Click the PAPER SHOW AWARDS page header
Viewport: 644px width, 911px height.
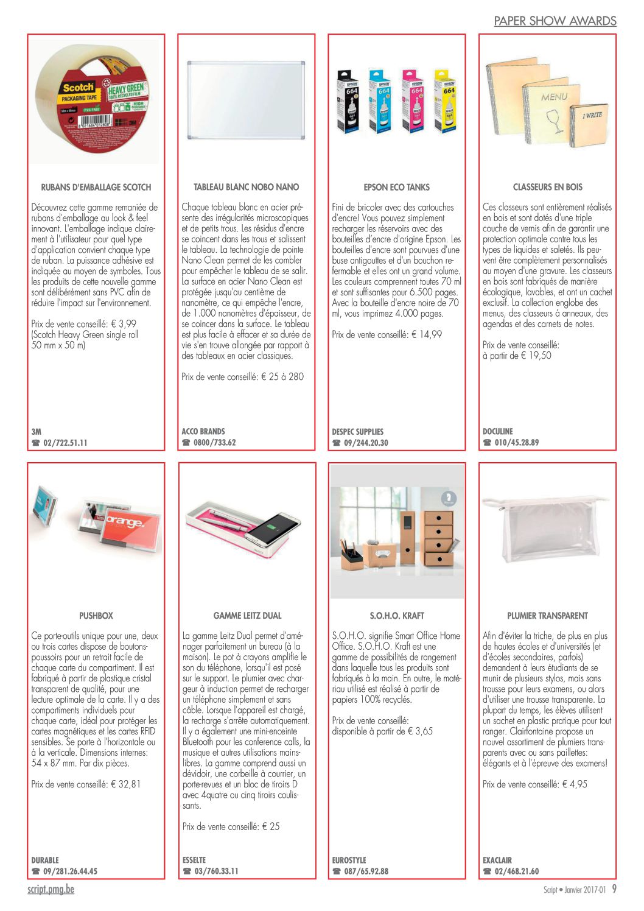pos(555,21)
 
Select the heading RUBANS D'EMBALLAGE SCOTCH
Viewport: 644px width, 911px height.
pos(96,187)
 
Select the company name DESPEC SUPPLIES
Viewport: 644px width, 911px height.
pos(357,431)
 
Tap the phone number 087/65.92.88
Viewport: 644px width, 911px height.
pos(366,871)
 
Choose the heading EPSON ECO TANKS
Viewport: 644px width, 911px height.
pos(397,187)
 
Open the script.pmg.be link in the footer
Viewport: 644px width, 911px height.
pos(51,889)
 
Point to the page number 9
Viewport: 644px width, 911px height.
pos(614,889)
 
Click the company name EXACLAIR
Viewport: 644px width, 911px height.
pos(497,860)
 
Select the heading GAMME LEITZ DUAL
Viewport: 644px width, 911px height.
pos(247,616)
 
